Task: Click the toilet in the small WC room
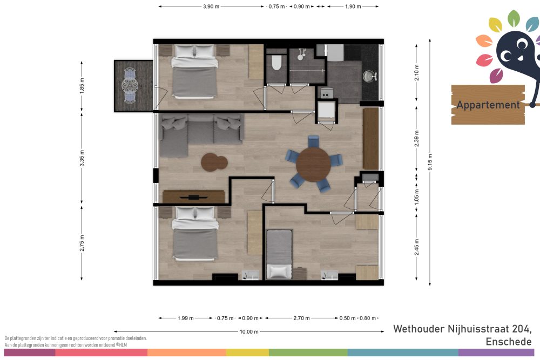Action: coord(276,63)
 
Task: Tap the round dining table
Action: coord(313,165)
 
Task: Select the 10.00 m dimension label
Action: coord(249,332)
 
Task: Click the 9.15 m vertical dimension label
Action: coord(430,162)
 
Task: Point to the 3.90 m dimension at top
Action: coord(211,6)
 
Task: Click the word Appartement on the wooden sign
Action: coord(488,105)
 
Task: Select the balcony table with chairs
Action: coord(130,86)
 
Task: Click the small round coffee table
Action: coord(214,162)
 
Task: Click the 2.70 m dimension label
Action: coord(301,318)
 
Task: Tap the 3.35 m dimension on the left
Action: coord(82,158)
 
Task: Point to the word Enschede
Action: coord(508,342)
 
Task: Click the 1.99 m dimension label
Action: coord(186,318)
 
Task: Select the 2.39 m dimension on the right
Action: coord(417,139)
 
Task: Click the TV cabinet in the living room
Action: coord(193,197)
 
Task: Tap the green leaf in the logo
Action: coord(514,18)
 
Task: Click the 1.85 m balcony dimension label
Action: coord(82,86)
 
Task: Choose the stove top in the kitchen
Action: coord(326,93)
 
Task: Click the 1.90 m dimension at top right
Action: coord(353,6)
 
